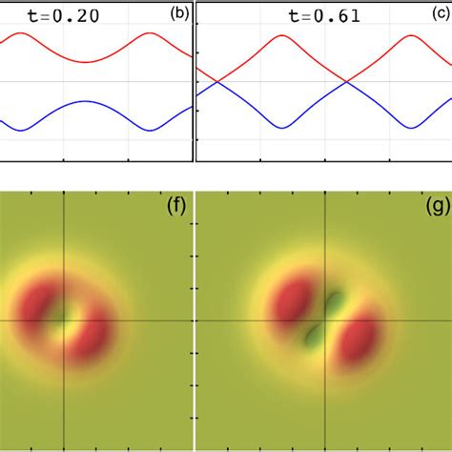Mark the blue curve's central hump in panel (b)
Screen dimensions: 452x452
coord(85,102)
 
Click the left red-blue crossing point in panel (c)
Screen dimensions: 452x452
coord(218,82)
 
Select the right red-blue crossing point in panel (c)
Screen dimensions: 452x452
coord(344,82)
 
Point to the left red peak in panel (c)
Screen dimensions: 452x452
coord(280,37)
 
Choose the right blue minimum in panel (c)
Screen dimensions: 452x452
coord(411,127)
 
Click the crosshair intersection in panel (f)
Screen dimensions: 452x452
coord(64,320)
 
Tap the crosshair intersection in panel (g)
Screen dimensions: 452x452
coord(327,320)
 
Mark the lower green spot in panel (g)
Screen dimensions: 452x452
coord(314,335)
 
